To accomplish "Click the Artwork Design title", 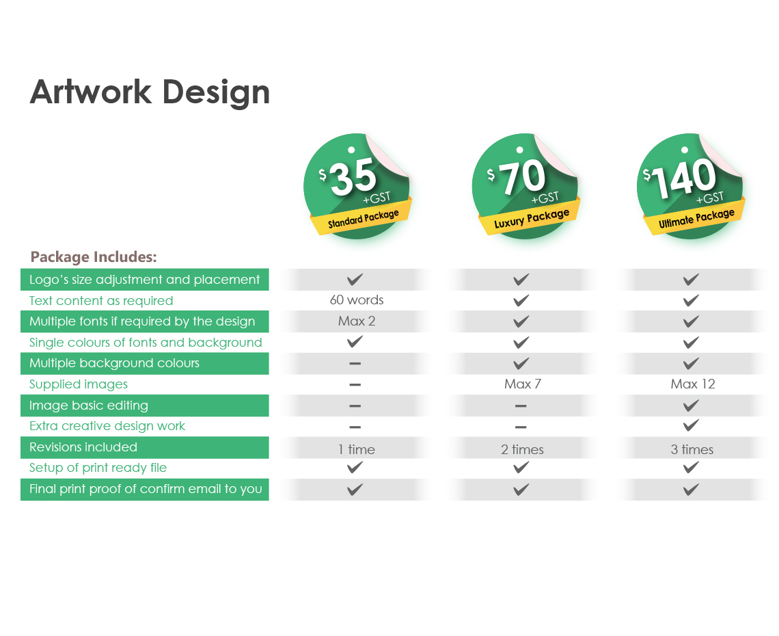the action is click(x=150, y=92).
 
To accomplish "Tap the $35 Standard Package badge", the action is click(x=357, y=186).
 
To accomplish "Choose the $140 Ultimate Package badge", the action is click(x=691, y=186).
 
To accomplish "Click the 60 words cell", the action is click(x=357, y=300).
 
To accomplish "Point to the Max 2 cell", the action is click(x=357, y=321).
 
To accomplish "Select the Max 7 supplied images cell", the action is click(x=523, y=384).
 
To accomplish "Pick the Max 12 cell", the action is click(x=692, y=384).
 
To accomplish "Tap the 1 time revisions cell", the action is click(x=357, y=449).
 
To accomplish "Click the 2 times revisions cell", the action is click(x=522, y=449).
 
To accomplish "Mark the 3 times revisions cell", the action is click(x=692, y=449).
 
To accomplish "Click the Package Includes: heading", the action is click(x=94, y=257).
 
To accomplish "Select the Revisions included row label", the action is click(x=83, y=447).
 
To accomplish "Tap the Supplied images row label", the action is click(x=79, y=384).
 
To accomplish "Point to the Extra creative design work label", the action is click(x=107, y=426).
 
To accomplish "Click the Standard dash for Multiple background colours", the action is click(x=355, y=364).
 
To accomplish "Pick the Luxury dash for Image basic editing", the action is click(x=521, y=406).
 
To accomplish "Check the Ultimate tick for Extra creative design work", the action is click(x=691, y=425).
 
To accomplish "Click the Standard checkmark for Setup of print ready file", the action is click(x=355, y=468).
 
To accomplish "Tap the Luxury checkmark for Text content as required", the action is click(x=521, y=300).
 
